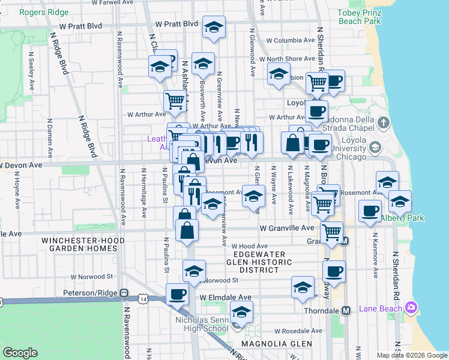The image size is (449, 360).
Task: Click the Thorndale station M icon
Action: coord(346,311)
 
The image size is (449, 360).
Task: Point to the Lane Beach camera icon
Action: coord(411,308)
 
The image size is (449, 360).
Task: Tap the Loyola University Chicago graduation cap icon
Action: coord(375,147)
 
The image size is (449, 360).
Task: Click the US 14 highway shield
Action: coord(142,298)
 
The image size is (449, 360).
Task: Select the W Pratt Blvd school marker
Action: coord(213,28)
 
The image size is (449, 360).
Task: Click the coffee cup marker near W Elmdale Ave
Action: coord(177,293)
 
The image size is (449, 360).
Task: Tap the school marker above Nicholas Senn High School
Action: coord(241,311)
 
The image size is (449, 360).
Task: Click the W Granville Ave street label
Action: coord(287,229)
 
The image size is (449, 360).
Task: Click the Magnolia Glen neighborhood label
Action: coord(277,344)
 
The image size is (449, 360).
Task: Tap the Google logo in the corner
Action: coord(20,353)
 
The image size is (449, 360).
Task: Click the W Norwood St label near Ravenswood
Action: coord(92,277)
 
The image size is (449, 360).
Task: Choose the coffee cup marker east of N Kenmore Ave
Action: coord(370,210)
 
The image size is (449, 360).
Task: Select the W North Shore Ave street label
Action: coord(291,59)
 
